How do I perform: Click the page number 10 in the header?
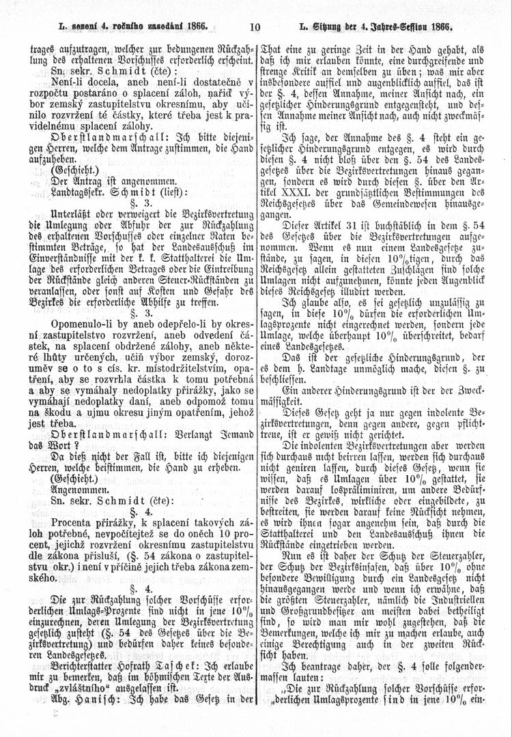[x=256, y=29]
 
